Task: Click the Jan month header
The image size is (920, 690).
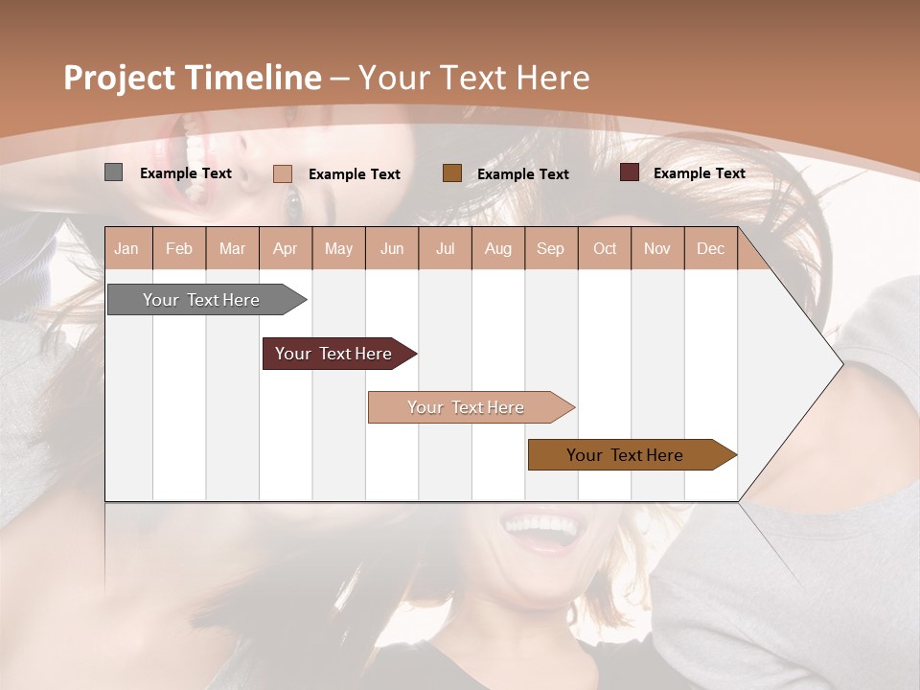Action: pos(126,248)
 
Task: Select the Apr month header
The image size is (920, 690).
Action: pos(285,248)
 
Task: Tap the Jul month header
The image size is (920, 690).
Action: pos(445,248)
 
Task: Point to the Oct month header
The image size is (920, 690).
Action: pos(605,248)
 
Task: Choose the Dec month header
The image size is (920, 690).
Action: pos(710,248)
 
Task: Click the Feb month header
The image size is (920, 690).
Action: pos(179,248)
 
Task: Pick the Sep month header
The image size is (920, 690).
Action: pos(550,248)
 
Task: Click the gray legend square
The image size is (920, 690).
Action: pos(113,172)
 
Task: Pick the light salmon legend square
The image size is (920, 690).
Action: pos(282,173)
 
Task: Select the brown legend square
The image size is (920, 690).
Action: pos(452,173)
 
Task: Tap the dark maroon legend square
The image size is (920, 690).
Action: pos(630,172)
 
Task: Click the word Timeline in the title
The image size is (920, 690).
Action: pos(250,78)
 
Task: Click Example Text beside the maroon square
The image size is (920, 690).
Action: pos(699,173)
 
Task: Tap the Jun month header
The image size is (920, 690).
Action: pos(392,248)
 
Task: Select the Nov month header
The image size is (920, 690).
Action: pos(656,248)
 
